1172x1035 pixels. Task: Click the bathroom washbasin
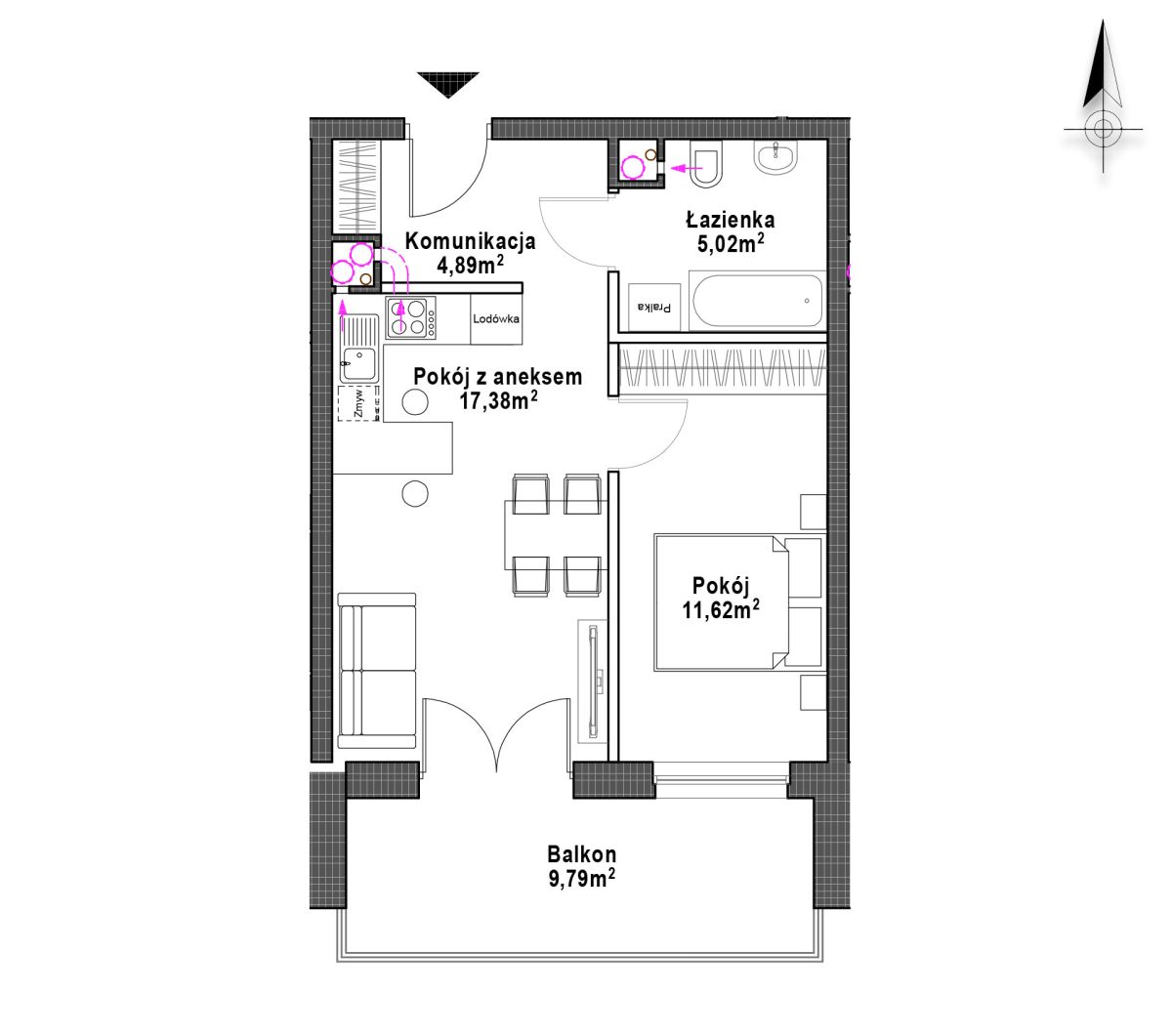(x=775, y=157)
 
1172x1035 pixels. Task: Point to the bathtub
(x=757, y=301)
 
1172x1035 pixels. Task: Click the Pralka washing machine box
(x=653, y=308)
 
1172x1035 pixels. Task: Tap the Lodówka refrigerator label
(x=496, y=318)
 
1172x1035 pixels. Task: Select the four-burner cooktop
(x=411, y=317)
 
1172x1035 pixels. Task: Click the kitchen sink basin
(x=358, y=364)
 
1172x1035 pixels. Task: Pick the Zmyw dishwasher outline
(x=358, y=403)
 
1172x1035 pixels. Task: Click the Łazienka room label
(x=730, y=220)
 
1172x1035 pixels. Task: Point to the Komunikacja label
(x=470, y=241)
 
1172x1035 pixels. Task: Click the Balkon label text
(x=581, y=854)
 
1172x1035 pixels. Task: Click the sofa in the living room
(x=377, y=671)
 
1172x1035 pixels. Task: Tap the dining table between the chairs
(x=556, y=536)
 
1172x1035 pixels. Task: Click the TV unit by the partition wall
(x=593, y=683)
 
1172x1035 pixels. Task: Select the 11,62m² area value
(x=720, y=610)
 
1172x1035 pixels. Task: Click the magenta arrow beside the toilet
(x=686, y=169)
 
